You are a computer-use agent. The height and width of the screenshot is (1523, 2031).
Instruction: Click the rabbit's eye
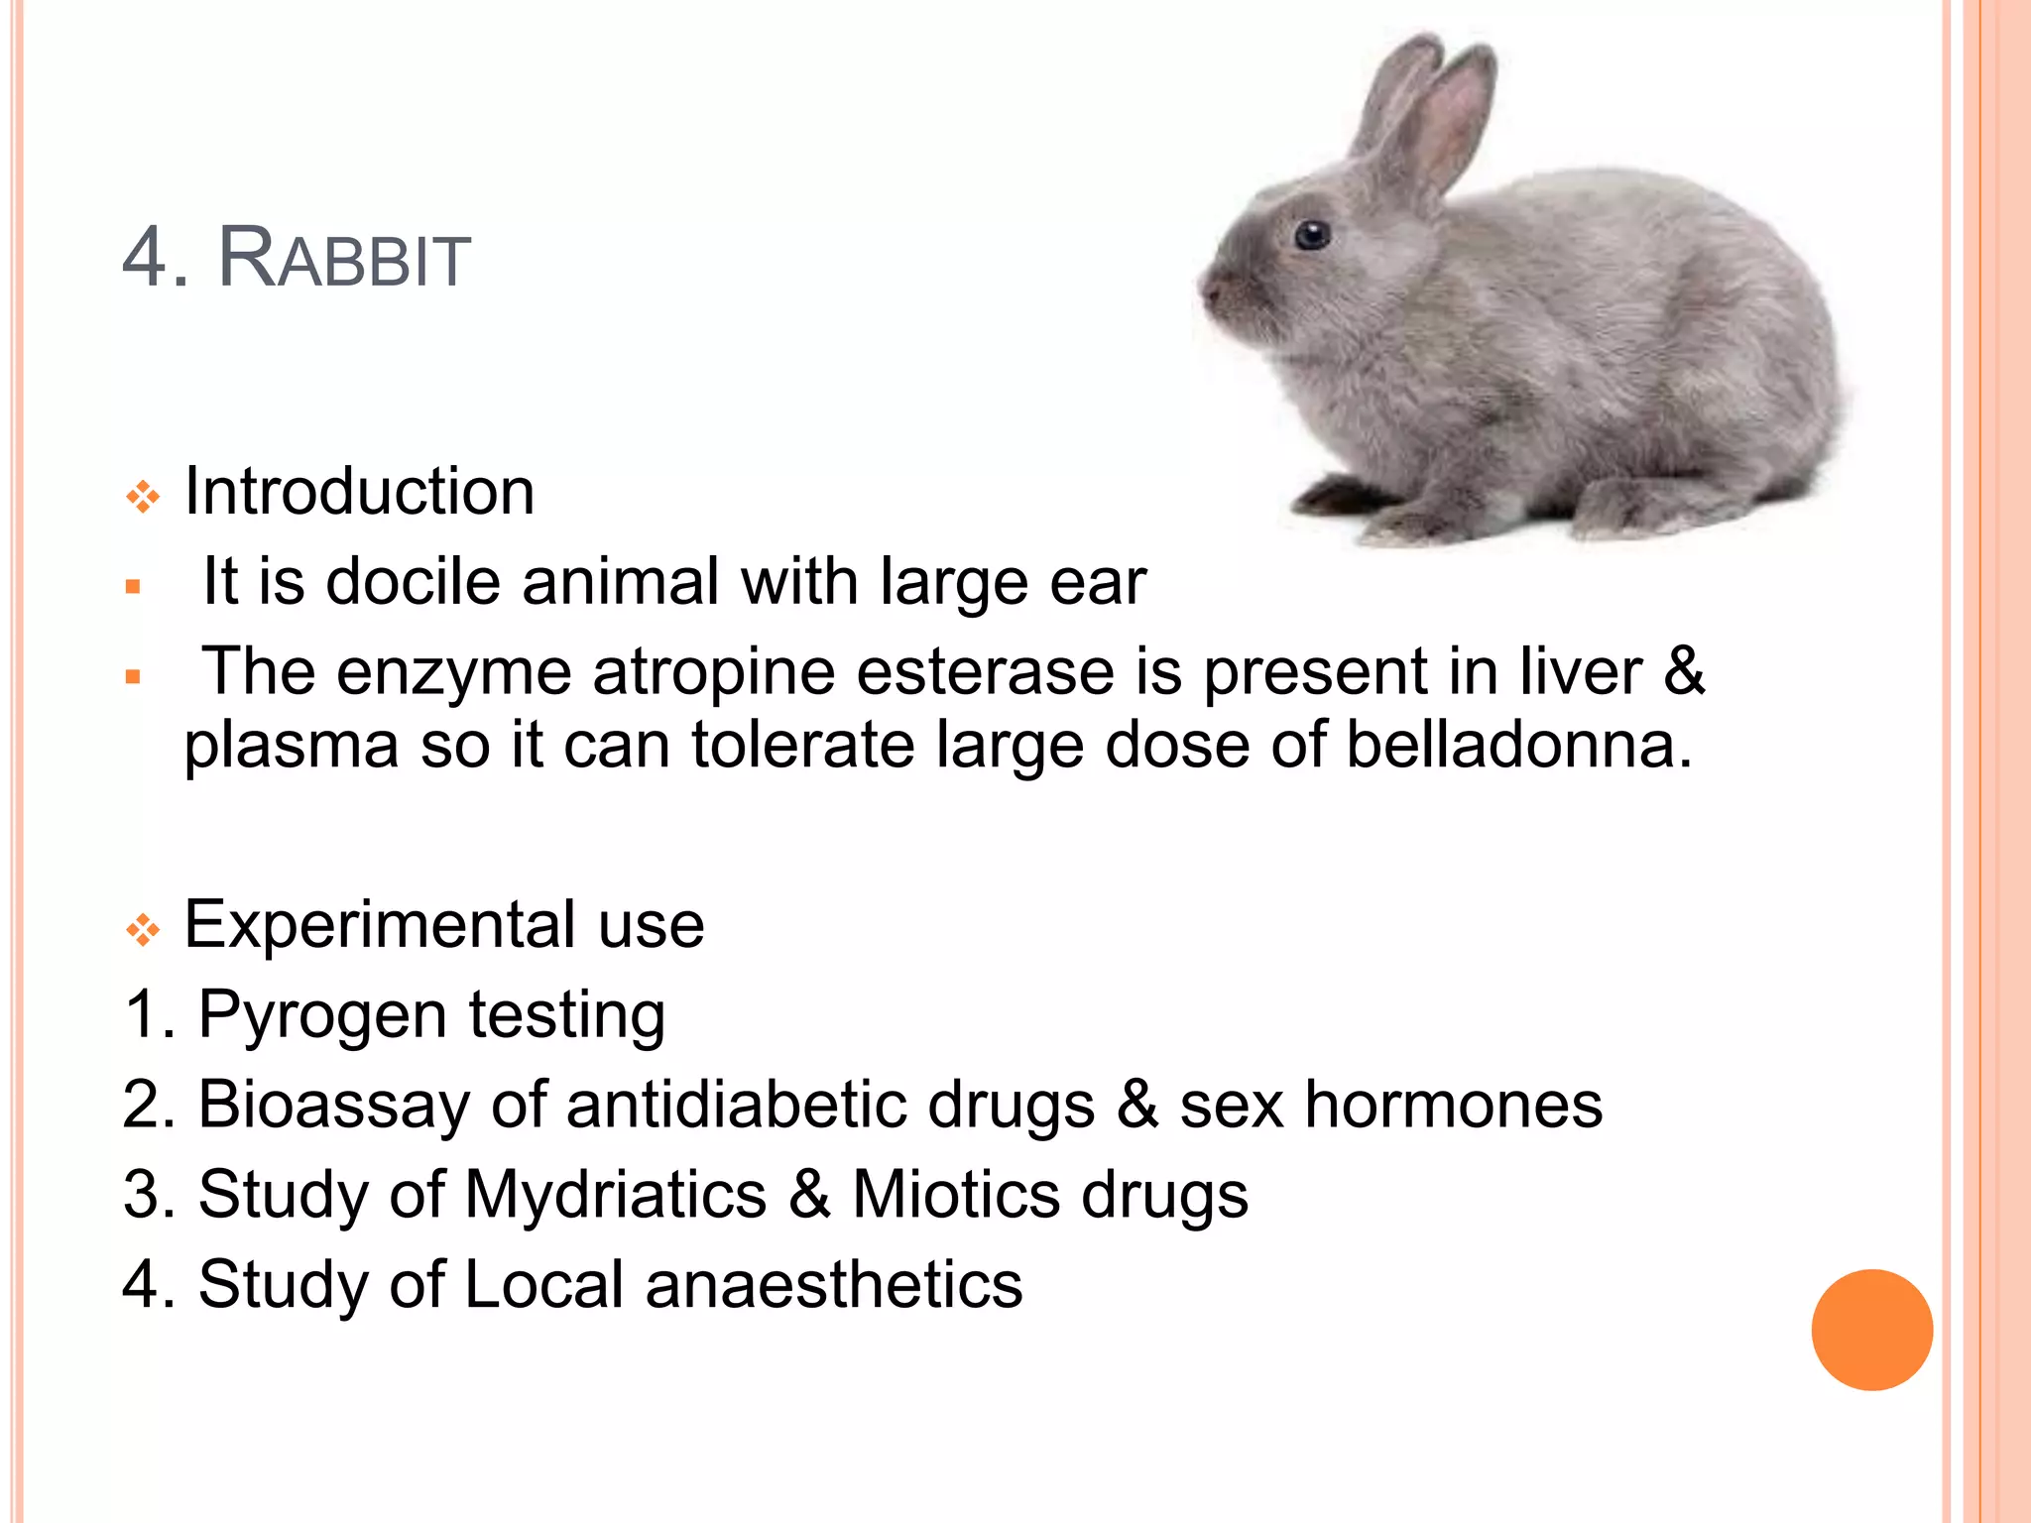(x=1312, y=235)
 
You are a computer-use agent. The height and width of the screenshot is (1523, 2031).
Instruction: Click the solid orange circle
(x=1871, y=1330)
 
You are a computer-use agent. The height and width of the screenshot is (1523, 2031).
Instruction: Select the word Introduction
(x=359, y=491)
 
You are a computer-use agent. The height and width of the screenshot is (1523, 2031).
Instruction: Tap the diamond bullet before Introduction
(x=143, y=496)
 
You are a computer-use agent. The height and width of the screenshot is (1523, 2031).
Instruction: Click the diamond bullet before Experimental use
(x=143, y=929)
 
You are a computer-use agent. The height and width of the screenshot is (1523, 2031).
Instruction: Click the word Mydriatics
(x=616, y=1194)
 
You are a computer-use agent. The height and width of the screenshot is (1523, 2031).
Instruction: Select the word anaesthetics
(x=833, y=1284)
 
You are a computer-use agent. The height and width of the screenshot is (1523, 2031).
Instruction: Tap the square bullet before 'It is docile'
(x=133, y=587)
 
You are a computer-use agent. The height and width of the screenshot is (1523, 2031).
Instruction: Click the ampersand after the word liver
(x=1684, y=671)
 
